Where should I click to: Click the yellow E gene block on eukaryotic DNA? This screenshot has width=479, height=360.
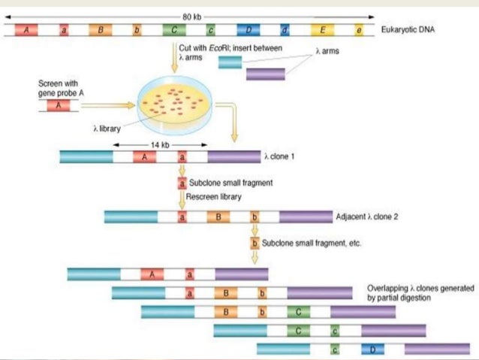point(322,30)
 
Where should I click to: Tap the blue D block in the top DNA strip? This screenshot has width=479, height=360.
point(249,30)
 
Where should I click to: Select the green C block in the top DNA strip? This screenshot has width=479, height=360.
point(174,30)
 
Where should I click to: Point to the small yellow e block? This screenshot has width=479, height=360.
point(359,30)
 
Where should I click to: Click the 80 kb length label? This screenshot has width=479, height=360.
point(192,17)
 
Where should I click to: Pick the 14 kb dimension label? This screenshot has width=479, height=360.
point(160,144)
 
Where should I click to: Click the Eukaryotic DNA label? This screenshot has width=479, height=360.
point(408,29)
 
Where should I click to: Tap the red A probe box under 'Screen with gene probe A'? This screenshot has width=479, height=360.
point(59,105)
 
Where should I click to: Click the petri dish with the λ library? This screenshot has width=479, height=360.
point(175,105)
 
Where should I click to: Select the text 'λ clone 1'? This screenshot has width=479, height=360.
point(279,156)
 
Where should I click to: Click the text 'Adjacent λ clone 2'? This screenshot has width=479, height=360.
point(367,216)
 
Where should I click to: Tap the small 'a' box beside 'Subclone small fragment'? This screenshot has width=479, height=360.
point(182,183)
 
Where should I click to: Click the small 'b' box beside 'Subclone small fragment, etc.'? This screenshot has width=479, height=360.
point(255,244)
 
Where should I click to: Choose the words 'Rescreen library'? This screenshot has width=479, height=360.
point(213,197)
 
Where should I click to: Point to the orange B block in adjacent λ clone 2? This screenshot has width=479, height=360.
point(218,217)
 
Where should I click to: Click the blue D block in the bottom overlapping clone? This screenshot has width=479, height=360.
point(372,349)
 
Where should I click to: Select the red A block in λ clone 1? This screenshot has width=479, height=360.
point(144,157)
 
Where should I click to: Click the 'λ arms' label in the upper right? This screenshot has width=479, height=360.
point(327,51)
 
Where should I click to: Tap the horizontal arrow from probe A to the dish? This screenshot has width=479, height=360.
point(108,105)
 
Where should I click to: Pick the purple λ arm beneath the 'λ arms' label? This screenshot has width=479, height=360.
point(266,74)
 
